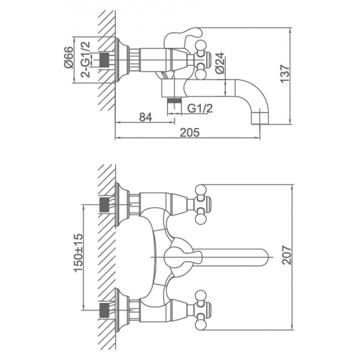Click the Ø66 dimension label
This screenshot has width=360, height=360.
coord(68,57)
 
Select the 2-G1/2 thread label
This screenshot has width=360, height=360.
coord(85,59)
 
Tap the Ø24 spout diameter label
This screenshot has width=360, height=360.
coord(220,63)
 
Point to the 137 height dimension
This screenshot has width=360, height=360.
coord(285,74)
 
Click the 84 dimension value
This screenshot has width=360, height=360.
coord(146,118)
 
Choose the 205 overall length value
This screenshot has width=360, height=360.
coord(190,133)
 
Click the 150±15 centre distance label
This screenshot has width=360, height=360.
coord(78,253)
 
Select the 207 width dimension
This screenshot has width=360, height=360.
coord(286,255)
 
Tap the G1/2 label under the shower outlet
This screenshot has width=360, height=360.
coord(200,109)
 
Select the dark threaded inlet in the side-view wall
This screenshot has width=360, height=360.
coord(104,60)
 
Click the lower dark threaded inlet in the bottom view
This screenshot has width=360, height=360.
coord(104,311)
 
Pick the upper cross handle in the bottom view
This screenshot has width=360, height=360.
coord(202,205)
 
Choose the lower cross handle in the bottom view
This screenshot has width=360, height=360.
coord(202,310)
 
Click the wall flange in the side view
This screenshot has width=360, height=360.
coord(120,60)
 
